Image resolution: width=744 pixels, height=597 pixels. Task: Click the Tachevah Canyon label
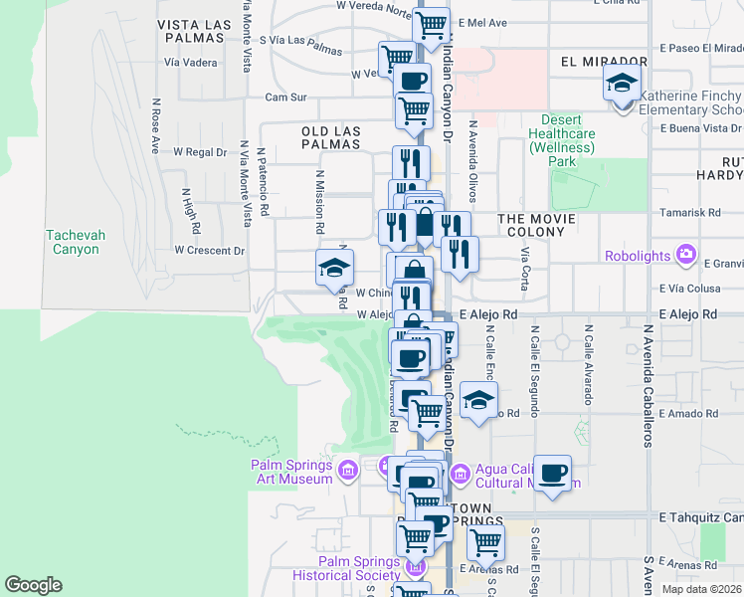[74, 242]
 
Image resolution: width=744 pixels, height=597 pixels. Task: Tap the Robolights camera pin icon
[686, 255]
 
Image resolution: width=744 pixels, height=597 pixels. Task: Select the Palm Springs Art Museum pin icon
[347, 469]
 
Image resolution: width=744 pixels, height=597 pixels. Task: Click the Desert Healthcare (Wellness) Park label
[562, 140]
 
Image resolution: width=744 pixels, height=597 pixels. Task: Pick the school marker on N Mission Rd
[334, 267]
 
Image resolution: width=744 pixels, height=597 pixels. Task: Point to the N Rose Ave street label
[156, 125]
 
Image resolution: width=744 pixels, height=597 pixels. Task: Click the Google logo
[33, 585]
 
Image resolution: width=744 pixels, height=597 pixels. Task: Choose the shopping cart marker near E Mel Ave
[431, 25]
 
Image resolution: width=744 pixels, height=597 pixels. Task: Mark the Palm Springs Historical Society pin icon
[416, 567]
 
